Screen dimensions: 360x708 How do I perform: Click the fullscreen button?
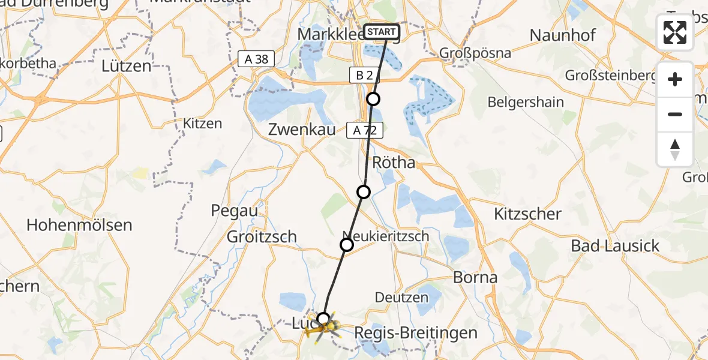coord(675,32)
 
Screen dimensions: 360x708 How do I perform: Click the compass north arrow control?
coord(675,149)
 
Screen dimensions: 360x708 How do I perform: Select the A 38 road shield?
coord(256,59)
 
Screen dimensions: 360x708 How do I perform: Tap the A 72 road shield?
coord(364,130)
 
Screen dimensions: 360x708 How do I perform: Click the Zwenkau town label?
coord(301,130)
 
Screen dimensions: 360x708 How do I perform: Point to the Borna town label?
coord(475,277)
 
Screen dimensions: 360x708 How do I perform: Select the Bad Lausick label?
coord(615,245)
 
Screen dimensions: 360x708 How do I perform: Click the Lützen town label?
coord(127,65)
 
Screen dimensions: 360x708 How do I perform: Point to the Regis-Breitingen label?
coord(416,333)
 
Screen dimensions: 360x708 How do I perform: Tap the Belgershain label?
coord(526,102)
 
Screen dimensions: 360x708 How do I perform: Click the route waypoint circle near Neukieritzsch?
coord(347,245)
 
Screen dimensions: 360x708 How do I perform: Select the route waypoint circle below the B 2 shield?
coord(373,99)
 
